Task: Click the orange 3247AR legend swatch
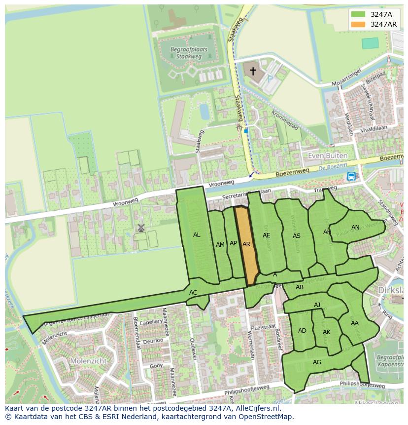pyautogui.click(x=359, y=24)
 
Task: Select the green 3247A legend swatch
pyautogui.click(x=359, y=14)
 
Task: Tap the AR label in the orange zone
pyautogui.click(x=247, y=244)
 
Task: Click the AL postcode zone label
pyautogui.click(x=197, y=235)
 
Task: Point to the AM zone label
pyautogui.click(x=220, y=244)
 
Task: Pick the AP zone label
pyautogui.click(x=234, y=243)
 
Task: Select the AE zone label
pyautogui.click(x=267, y=235)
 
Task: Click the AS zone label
pyautogui.click(x=297, y=236)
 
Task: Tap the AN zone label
pyautogui.click(x=355, y=228)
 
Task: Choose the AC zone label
pyautogui.click(x=193, y=293)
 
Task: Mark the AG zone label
pyautogui.click(x=317, y=362)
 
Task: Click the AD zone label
pyautogui.click(x=302, y=331)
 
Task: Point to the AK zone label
pyautogui.click(x=327, y=332)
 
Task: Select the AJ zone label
pyautogui.click(x=317, y=305)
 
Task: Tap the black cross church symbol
pyautogui.click(x=253, y=71)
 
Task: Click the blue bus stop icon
pyautogui.click(x=351, y=176)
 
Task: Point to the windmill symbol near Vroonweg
pyautogui.click(x=141, y=228)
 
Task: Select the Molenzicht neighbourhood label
pyautogui.click(x=75, y=361)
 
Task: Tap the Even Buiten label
pyautogui.click(x=328, y=155)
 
